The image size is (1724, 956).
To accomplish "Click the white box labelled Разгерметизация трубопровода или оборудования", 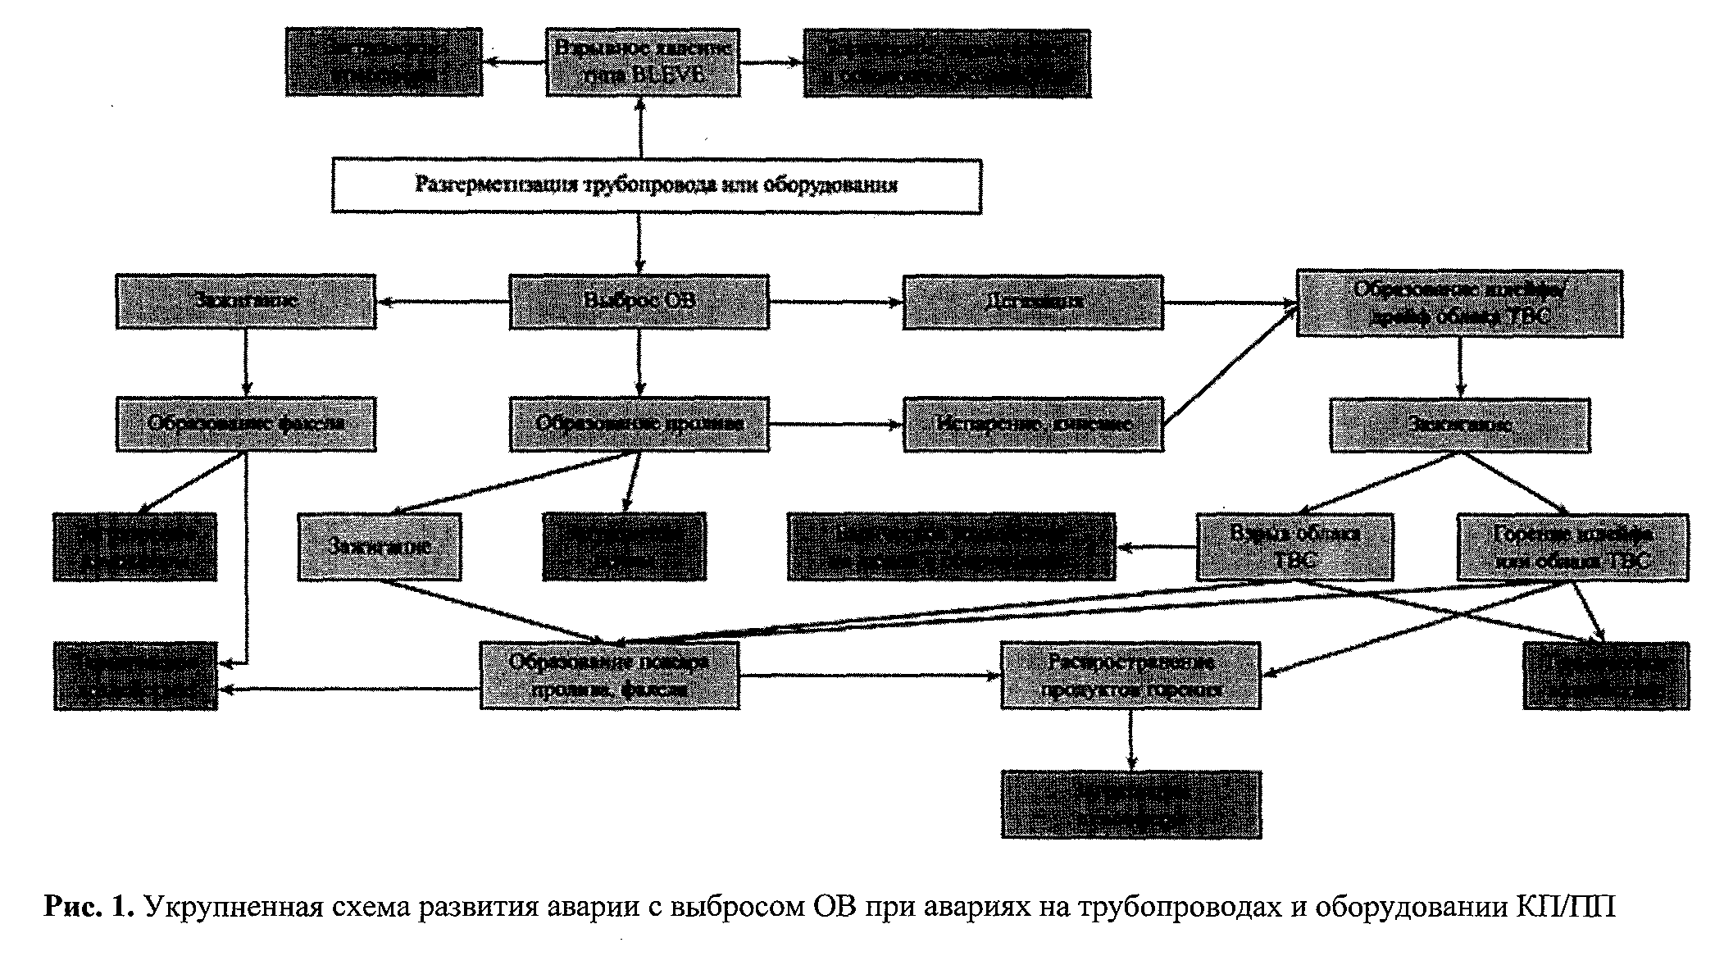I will tap(656, 186).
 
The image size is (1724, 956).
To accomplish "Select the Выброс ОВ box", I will tap(639, 302).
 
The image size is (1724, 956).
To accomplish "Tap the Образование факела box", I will tap(246, 424).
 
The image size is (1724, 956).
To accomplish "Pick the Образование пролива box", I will tap(639, 424).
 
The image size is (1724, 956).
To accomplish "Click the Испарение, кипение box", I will tap(1033, 424).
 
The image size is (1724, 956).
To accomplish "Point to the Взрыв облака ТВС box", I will tap(1294, 547).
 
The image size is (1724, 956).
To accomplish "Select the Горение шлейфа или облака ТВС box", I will tap(1572, 547).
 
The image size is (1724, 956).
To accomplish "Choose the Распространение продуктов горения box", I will tap(1130, 675).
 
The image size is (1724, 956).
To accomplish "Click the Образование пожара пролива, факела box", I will tap(609, 675).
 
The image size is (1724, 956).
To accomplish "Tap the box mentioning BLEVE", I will tap(643, 62).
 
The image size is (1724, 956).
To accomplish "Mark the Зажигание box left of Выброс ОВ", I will tap(246, 302).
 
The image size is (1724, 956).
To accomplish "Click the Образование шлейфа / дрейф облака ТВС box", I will tap(1459, 303).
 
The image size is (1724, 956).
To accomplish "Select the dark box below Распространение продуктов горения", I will tap(1130, 803).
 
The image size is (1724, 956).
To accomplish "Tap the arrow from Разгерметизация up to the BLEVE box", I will tap(640, 128).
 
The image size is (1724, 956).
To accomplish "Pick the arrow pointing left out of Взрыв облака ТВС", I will tap(1156, 547).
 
